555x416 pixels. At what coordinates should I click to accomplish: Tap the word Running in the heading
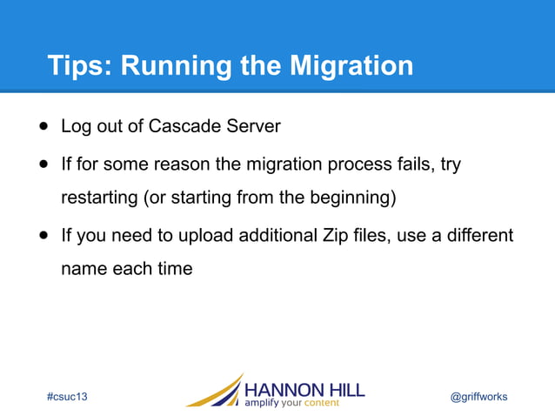(185, 66)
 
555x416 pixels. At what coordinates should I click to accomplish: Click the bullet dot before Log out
(43, 125)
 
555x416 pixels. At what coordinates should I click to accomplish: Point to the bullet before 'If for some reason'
(43, 164)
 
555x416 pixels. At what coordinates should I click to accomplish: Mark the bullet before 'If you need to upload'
(43, 236)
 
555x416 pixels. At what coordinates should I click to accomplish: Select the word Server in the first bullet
(251, 126)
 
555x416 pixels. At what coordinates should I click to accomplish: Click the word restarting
(97, 198)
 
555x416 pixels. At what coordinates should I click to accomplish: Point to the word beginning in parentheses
(351, 198)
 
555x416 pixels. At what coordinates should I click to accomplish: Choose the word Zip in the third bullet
(329, 236)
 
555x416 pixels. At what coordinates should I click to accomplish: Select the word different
(478, 236)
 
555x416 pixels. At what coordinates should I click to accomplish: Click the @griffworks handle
(478, 397)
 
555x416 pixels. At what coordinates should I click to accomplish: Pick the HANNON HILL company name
(304, 388)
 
